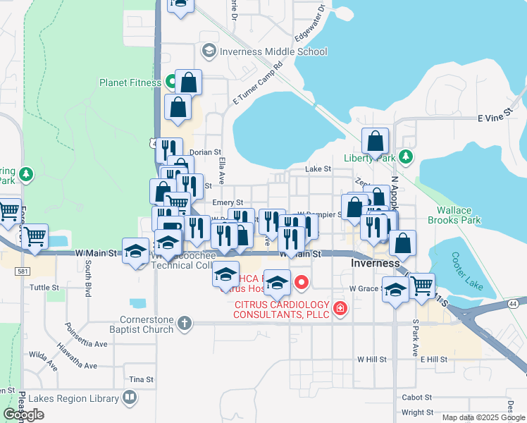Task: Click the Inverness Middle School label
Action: click(x=273, y=51)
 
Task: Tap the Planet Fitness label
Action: click(x=130, y=82)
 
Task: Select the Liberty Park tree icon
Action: click(x=405, y=156)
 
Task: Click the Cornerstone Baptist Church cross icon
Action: click(x=184, y=323)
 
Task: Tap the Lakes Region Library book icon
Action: click(x=129, y=398)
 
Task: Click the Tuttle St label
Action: click(x=44, y=288)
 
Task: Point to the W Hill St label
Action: click(x=372, y=359)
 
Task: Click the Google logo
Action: click(x=23, y=415)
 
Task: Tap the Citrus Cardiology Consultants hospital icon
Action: click(x=340, y=308)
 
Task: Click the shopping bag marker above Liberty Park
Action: click(x=376, y=140)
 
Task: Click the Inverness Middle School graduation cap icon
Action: click(x=209, y=51)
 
